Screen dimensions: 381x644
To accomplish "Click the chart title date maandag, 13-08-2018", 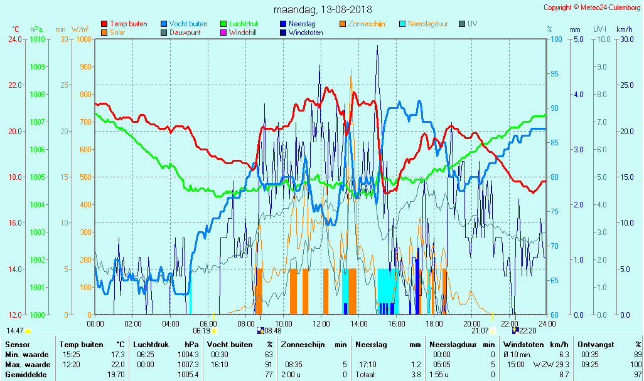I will [323, 9].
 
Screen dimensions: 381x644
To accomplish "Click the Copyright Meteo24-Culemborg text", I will [592, 8].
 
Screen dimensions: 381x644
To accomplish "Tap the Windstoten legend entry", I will [306, 33].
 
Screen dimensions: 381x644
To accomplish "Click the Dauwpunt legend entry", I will [185, 33].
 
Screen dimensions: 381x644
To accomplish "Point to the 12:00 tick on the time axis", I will [321, 323].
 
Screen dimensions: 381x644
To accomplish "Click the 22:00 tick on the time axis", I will [510, 323].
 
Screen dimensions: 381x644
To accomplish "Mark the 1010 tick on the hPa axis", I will [37, 39].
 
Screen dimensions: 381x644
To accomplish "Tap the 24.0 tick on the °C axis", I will [15, 39].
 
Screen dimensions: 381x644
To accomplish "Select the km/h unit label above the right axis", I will [624, 29].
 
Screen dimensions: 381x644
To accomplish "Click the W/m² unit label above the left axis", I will [80, 29].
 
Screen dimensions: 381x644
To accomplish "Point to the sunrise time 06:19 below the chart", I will [201, 330].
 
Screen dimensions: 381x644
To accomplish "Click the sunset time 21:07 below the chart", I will [480, 330].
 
